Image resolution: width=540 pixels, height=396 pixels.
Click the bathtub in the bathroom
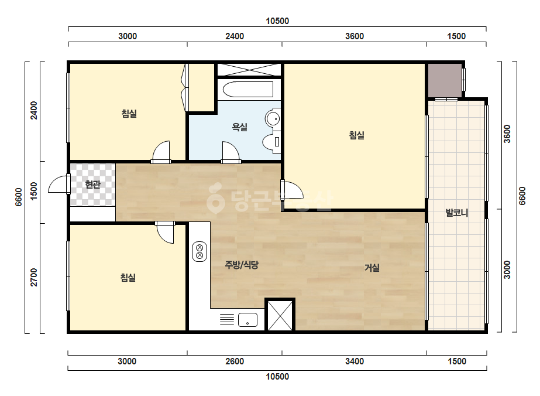248,90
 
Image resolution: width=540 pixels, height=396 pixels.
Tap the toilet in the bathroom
271,142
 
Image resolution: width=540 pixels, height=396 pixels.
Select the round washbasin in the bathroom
273,119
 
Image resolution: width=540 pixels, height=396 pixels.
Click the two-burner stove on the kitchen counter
200,252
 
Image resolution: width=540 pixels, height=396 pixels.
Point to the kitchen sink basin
247,320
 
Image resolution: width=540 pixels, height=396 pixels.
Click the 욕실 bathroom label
240,127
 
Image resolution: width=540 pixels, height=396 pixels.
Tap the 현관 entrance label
92,184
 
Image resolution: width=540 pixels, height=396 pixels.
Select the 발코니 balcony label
457,213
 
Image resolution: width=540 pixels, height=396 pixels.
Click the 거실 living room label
372,267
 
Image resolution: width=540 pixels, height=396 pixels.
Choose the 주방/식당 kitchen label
242,265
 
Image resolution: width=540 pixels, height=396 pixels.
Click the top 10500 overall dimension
277,21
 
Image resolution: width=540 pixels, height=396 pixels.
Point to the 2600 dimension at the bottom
235,361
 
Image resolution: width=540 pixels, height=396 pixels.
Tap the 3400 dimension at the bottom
355,361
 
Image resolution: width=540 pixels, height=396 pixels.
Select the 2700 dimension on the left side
34,277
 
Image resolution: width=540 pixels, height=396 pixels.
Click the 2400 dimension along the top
235,36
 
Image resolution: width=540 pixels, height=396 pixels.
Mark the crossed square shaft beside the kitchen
280,315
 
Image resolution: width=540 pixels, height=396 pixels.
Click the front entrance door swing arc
57,183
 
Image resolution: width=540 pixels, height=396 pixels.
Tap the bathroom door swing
231,151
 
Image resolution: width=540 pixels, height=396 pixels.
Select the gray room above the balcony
445,80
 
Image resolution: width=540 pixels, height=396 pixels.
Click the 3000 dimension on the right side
507,270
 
